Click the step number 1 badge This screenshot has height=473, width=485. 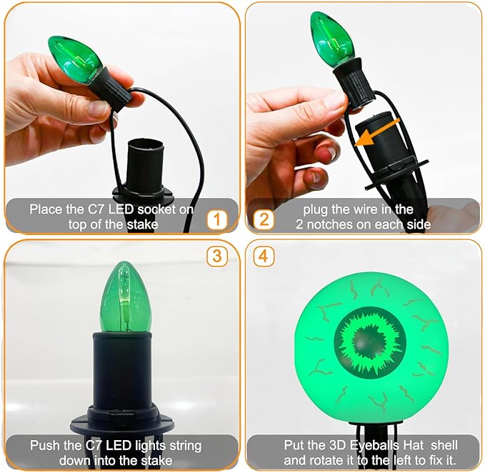point(217,219)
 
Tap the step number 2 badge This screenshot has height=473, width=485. point(264,219)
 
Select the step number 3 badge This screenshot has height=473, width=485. point(217,256)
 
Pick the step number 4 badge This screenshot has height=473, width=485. point(264,256)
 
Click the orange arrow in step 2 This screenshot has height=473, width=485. point(377,131)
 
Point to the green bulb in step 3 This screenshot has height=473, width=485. point(125,299)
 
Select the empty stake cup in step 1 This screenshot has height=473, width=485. point(144,166)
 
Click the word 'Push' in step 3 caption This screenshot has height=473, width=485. point(44,446)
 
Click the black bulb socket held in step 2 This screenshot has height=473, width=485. point(354,84)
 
